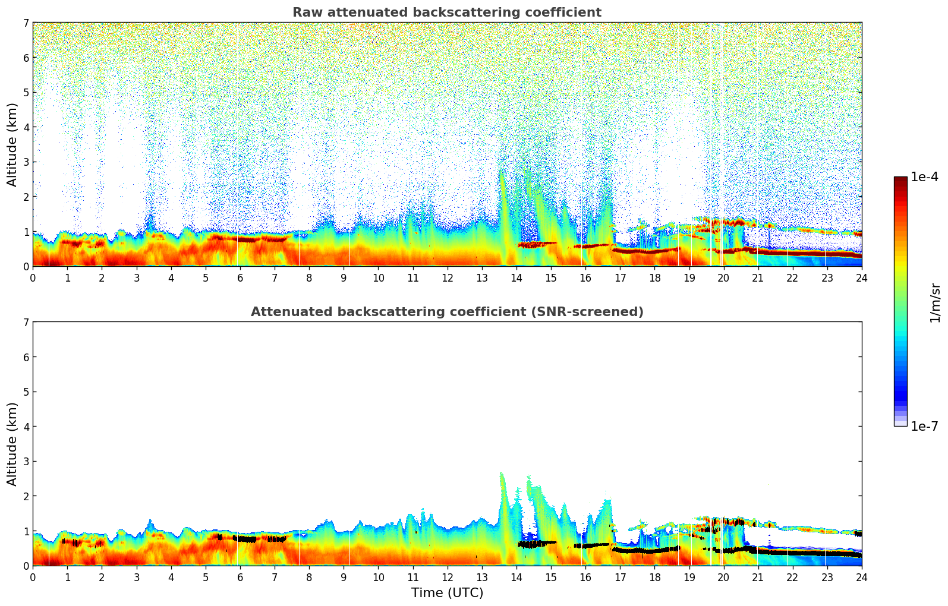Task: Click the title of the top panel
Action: pyautogui.click(x=446, y=12)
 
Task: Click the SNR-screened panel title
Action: pyautogui.click(x=446, y=312)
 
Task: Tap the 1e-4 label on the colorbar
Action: pyautogui.click(x=924, y=177)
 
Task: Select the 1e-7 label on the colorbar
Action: pyautogui.click(x=924, y=427)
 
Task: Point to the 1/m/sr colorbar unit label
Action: pyautogui.click(x=935, y=302)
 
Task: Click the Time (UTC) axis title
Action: pyautogui.click(x=447, y=593)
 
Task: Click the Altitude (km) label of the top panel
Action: pyautogui.click(x=12, y=144)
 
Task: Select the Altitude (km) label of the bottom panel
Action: pyautogui.click(x=12, y=444)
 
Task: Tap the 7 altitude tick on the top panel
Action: pyautogui.click(x=26, y=23)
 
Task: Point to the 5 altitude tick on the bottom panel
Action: pyautogui.click(x=26, y=392)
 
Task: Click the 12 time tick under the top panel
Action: pyautogui.click(x=447, y=277)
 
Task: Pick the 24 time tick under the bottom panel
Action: pyautogui.click(x=861, y=577)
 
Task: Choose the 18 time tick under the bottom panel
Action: pyautogui.click(x=654, y=577)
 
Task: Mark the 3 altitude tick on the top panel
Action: pyautogui.click(x=26, y=162)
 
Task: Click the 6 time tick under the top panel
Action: pyautogui.click(x=240, y=277)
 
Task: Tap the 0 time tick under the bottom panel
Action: pyautogui.click(x=33, y=577)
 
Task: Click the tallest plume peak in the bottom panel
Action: pyautogui.click(x=501, y=474)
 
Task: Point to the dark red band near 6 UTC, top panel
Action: pyautogui.click(x=241, y=239)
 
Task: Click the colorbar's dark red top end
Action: pyautogui.click(x=900, y=180)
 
